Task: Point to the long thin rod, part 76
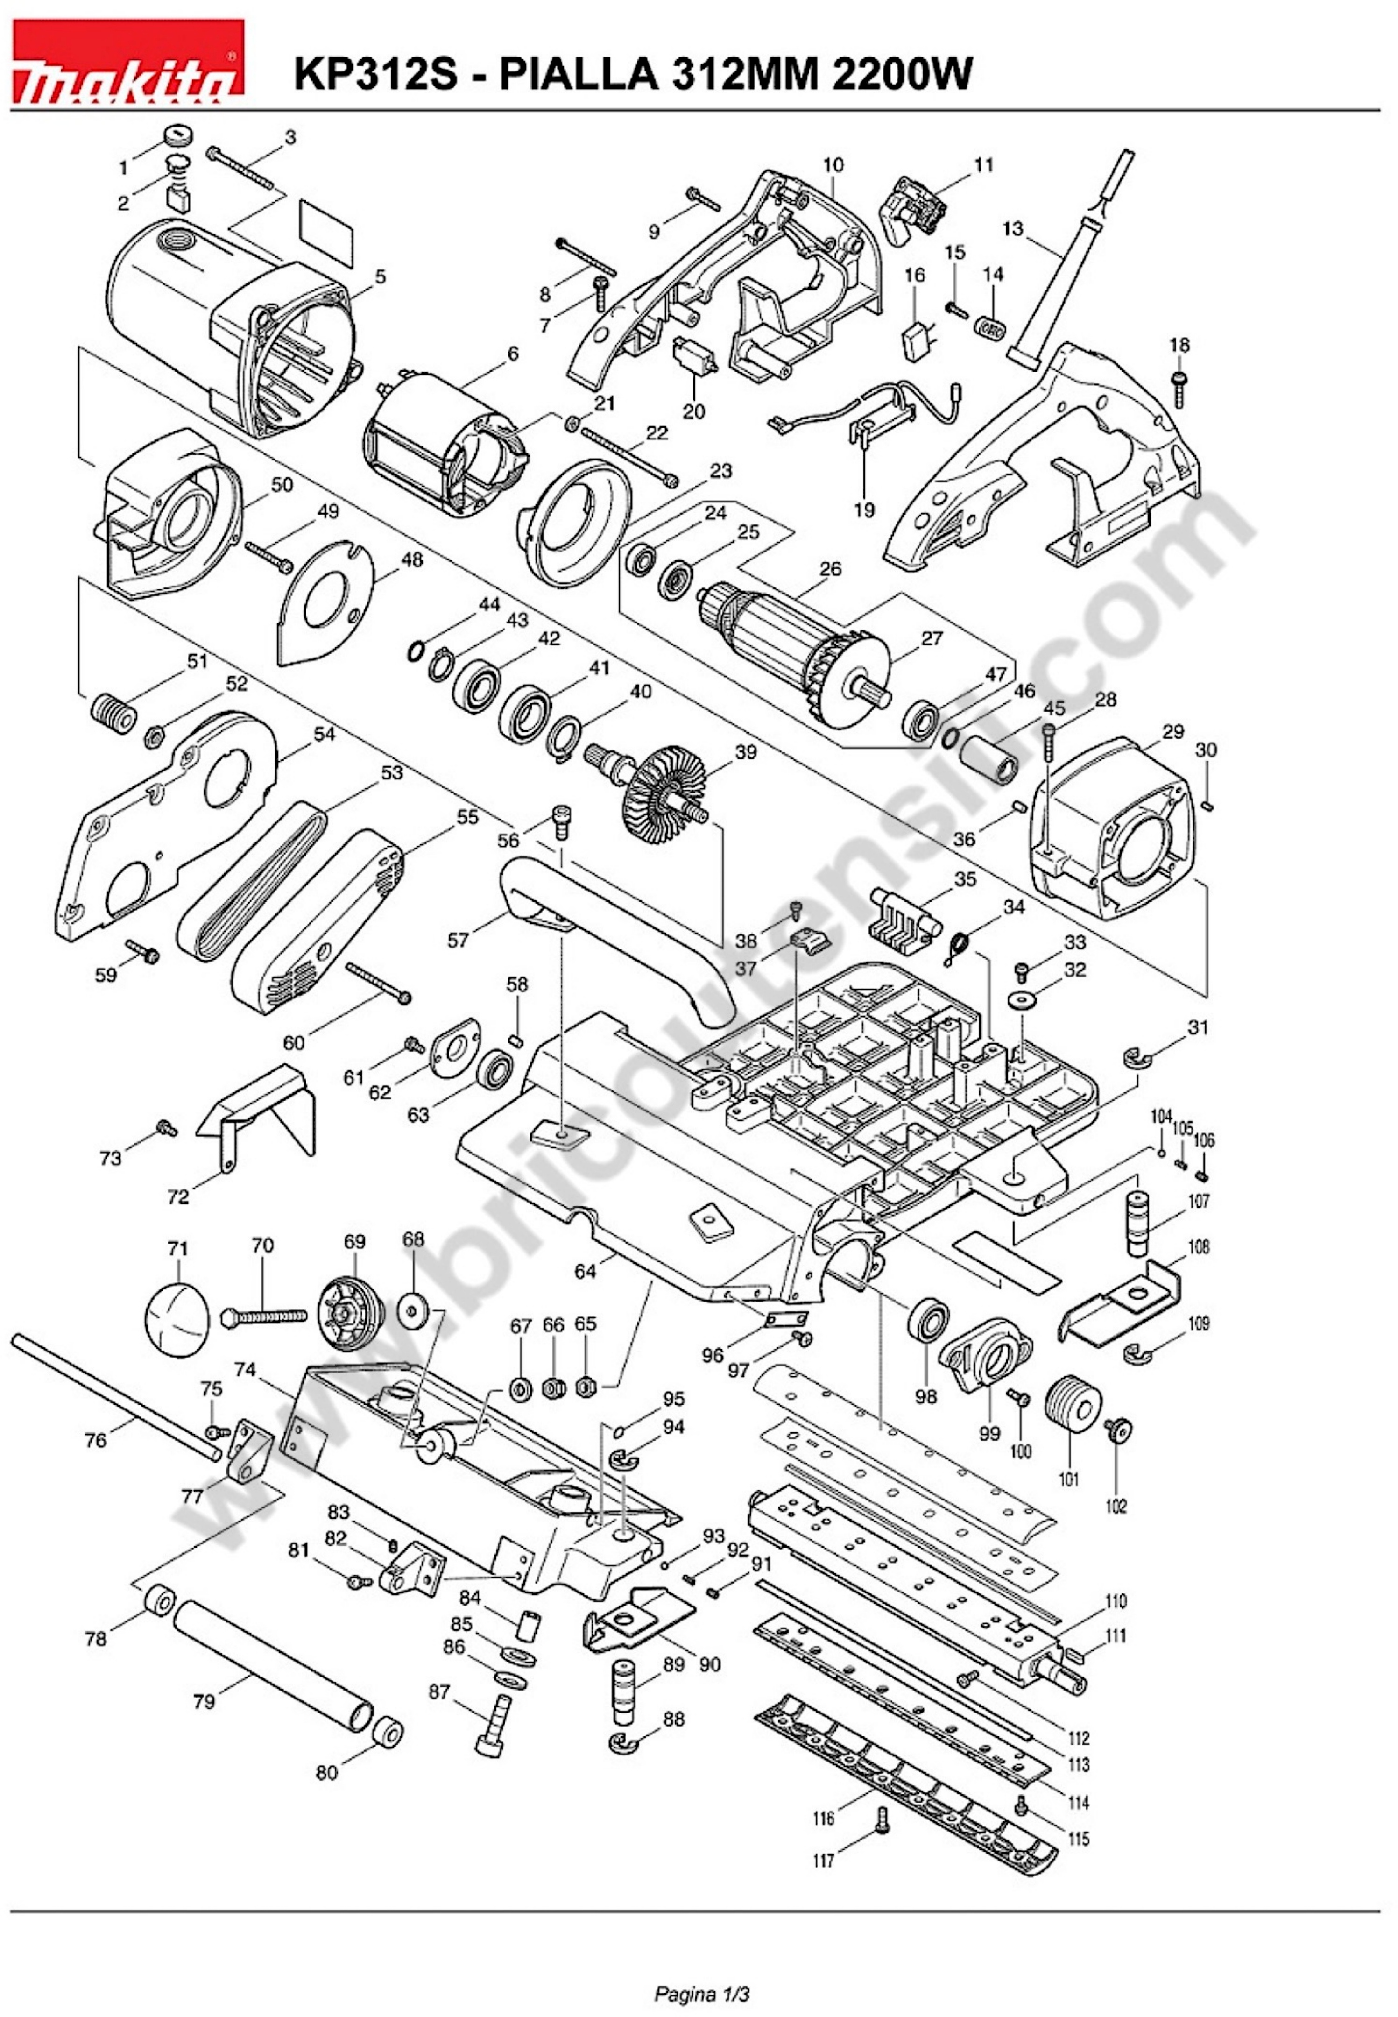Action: (x=114, y=1393)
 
